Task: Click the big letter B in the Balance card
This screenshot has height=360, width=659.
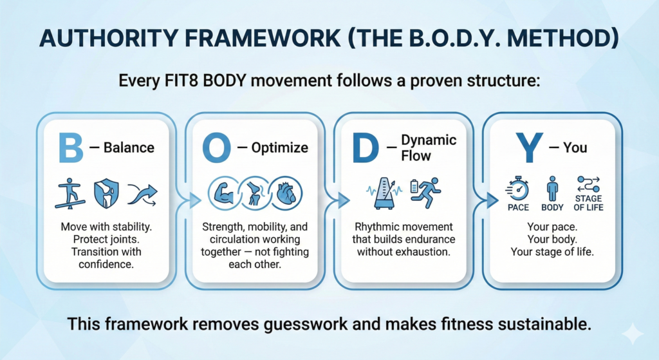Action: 71,147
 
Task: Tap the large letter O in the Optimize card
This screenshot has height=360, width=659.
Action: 216,147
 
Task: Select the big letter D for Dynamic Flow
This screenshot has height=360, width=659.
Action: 366,147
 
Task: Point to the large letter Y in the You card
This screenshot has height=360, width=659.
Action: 529,147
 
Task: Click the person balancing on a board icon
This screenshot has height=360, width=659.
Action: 70,193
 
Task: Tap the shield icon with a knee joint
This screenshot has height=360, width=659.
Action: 106,193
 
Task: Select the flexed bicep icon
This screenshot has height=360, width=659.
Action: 223,194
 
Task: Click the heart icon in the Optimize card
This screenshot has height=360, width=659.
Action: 286,194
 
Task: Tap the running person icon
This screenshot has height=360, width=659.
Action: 425,193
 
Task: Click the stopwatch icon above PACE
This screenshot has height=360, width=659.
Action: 518,189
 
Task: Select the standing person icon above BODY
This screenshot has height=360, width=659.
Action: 552,189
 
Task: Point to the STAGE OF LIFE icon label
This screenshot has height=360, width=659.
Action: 588,203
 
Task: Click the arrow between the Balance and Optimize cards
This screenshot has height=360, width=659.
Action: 194,200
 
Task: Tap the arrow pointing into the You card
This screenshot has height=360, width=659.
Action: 492,200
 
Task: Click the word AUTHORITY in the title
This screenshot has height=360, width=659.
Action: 108,38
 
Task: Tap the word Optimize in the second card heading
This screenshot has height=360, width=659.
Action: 279,148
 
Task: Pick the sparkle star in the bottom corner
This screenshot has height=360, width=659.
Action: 632,335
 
